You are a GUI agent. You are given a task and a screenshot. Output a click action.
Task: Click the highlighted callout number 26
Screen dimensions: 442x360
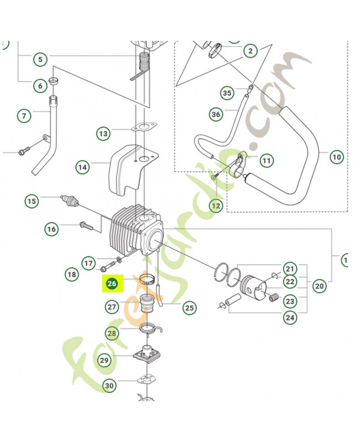pos(112,284)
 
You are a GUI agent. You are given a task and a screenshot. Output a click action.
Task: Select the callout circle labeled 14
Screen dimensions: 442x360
pos(82,167)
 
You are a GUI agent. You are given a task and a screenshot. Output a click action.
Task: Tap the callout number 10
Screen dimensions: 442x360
pos(337,157)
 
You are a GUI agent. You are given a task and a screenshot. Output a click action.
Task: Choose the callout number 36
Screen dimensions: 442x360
pos(215,114)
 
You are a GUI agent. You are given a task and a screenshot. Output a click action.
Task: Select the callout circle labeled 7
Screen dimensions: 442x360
pos(24,116)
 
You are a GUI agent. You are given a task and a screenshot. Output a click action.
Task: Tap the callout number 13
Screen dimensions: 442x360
pos(103,133)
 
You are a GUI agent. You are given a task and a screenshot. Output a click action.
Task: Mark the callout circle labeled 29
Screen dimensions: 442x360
pos(104,360)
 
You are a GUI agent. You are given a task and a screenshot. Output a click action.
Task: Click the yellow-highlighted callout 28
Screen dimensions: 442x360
pos(112,333)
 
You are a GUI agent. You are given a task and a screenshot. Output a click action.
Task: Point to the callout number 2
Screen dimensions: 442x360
pos(250,51)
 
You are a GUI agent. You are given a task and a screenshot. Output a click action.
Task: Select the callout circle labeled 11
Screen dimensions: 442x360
pos(267,161)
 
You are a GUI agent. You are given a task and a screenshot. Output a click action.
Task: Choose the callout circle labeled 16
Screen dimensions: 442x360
pos(51,229)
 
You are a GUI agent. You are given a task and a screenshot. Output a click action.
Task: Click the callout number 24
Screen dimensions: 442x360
pos(289,318)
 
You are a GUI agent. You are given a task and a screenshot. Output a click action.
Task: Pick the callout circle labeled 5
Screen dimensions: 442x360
pos(40,59)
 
